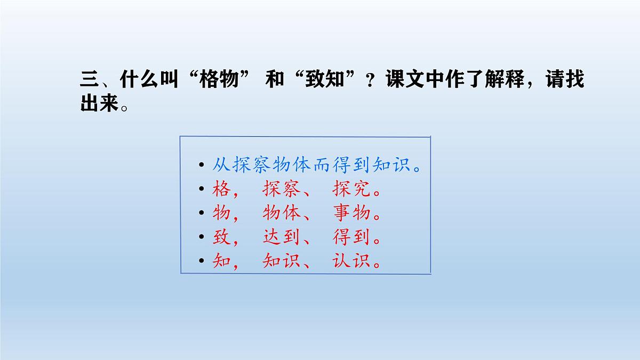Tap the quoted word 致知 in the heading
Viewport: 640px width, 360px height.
pos(326,80)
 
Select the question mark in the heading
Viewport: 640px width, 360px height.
pos(369,81)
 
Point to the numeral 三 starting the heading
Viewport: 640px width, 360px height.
pos(89,80)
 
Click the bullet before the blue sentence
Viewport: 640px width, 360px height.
pos(201,165)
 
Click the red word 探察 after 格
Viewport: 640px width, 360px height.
pos(281,189)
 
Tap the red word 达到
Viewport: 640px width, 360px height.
pos(281,237)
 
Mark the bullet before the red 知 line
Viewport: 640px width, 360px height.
pos(201,261)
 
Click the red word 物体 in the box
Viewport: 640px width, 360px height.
pos(281,213)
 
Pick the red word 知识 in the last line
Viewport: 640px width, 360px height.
pos(281,261)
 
